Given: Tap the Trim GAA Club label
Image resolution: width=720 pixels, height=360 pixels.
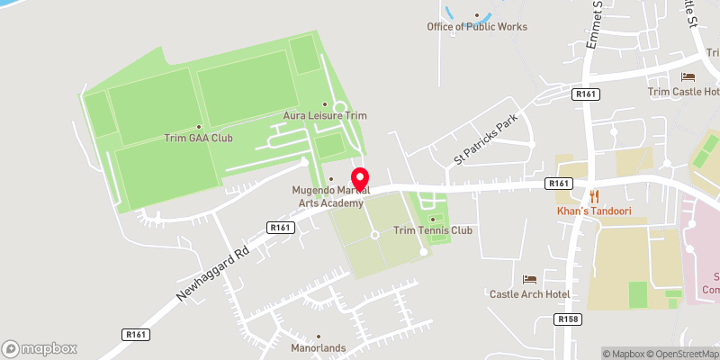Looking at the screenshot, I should click(198, 138).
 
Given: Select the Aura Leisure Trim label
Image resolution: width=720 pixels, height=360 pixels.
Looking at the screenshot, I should click(325, 115).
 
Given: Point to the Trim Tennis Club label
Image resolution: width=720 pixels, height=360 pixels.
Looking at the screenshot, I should click(433, 230).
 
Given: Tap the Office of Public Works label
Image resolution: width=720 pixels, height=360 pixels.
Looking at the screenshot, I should click(477, 27).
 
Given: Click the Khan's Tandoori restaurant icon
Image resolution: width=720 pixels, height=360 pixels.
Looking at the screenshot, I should click(593, 195).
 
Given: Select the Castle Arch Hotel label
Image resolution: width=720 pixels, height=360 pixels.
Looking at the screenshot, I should click(530, 293).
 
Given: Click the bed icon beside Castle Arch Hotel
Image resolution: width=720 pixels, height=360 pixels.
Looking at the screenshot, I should click(529, 279).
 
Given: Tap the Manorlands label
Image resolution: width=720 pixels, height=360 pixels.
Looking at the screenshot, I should click(319, 346).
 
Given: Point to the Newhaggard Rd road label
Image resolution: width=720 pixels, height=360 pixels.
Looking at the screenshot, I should click(212, 264).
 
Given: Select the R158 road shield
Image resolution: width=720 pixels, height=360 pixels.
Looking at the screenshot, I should click(567, 319).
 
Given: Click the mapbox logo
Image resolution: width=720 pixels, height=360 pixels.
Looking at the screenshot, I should click(40, 348).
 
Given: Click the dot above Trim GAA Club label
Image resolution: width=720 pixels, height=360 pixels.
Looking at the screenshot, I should click(199, 126).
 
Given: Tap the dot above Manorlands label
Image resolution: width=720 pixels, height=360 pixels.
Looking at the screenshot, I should click(319, 335).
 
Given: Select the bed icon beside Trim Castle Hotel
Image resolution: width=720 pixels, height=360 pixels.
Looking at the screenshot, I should click(688, 77).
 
